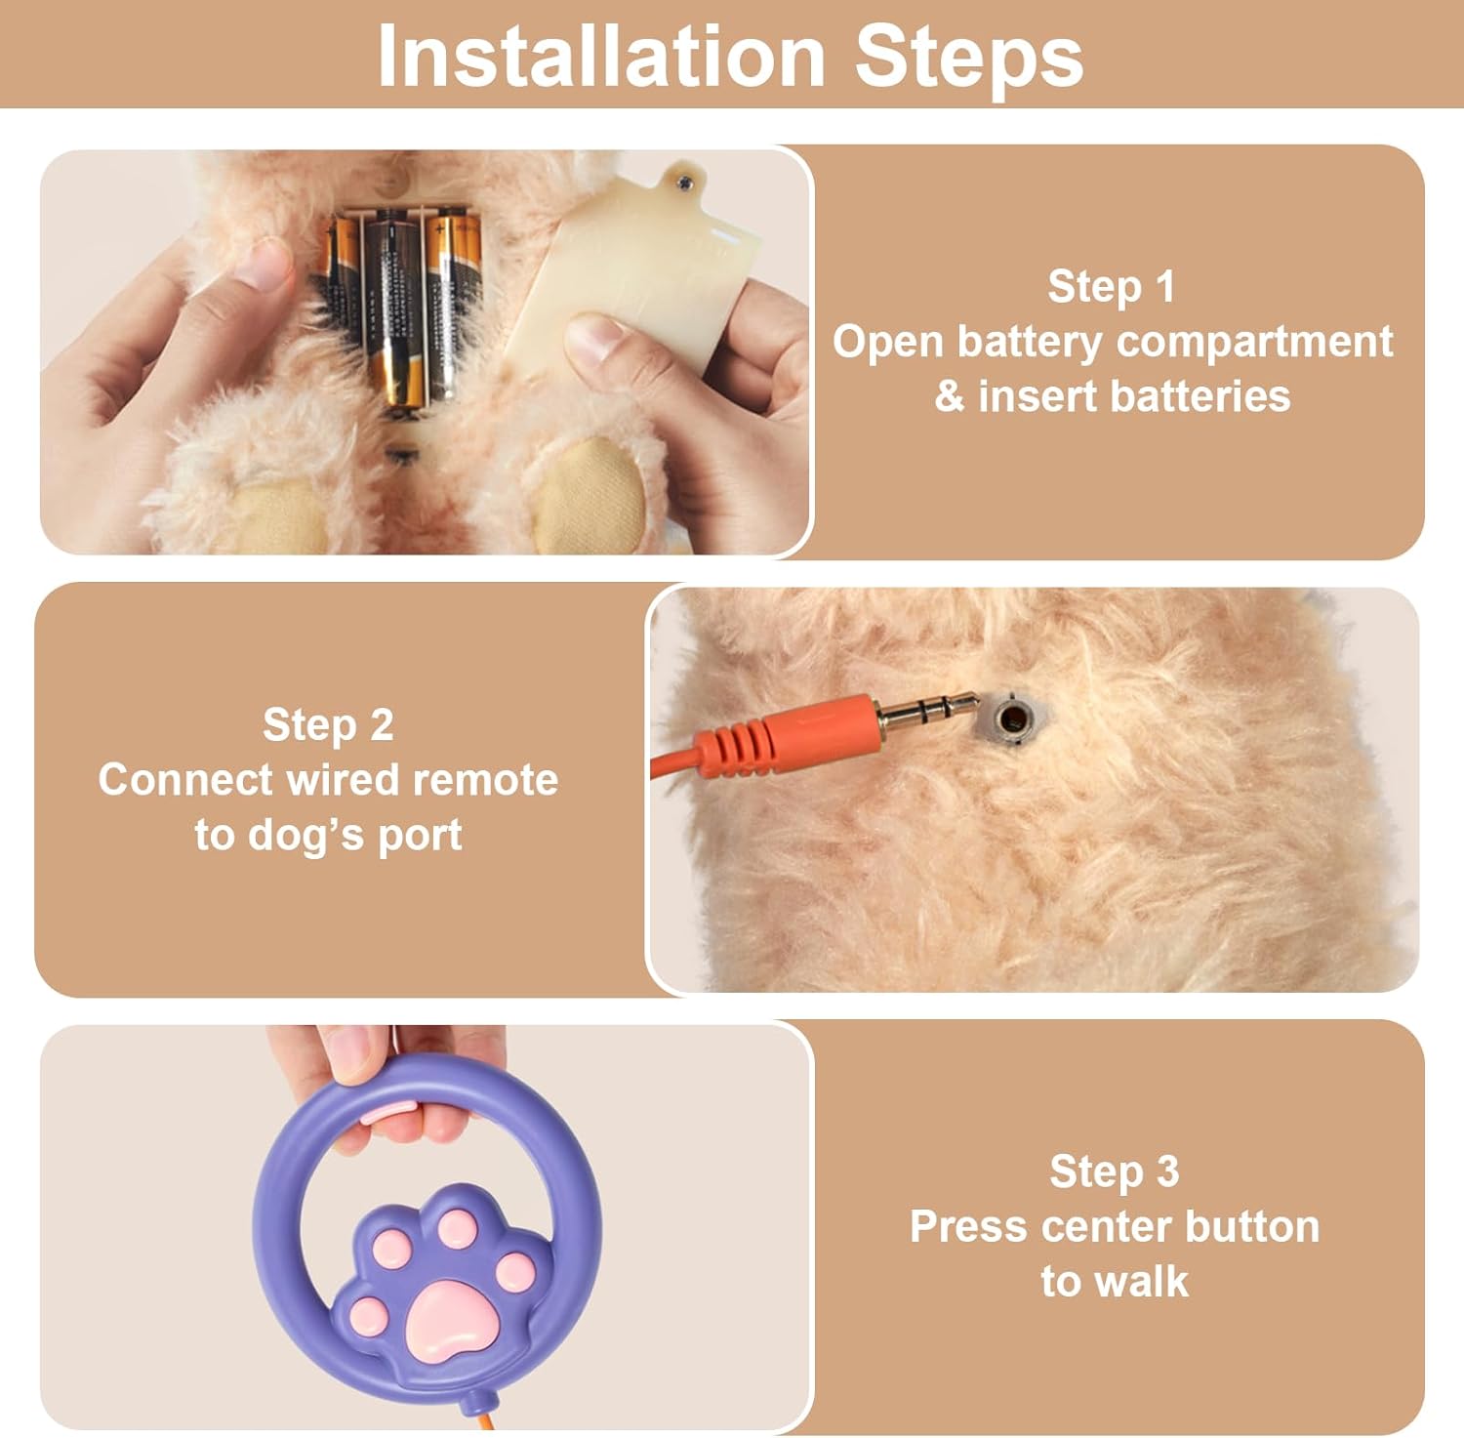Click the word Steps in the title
[x=969, y=56]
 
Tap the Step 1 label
[x=1111, y=287]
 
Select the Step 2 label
[x=328, y=725]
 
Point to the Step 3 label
[x=1114, y=1171]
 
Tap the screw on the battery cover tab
[x=684, y=180]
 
